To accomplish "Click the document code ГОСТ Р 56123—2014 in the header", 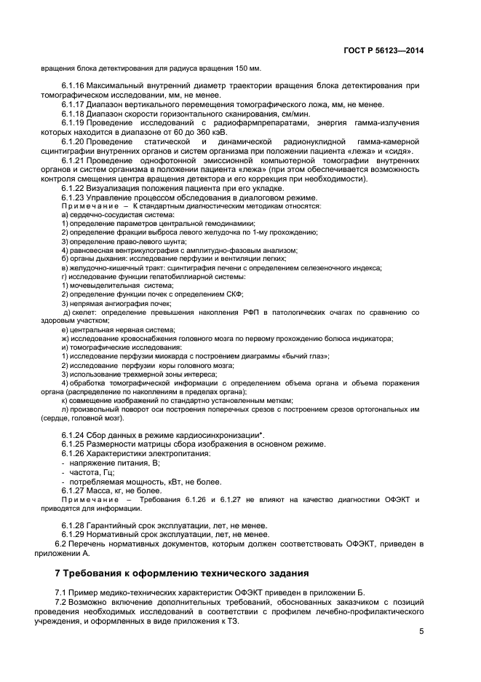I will pos(383,50).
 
